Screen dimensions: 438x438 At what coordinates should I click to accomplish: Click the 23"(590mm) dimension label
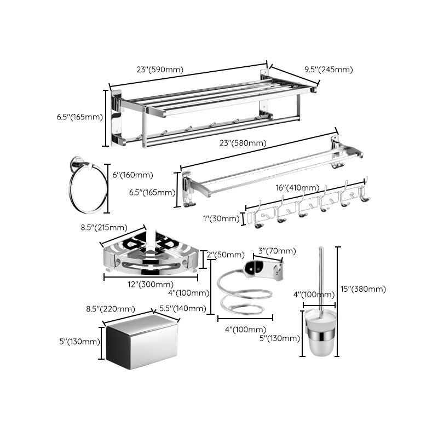(159, 70)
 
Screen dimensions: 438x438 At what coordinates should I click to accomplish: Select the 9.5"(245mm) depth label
(328, 70)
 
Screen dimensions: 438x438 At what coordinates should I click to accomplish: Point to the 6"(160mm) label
(132, 175)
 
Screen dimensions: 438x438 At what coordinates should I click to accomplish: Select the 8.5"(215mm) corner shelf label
(104, 227)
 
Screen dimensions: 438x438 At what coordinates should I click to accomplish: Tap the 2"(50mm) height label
(225, 255)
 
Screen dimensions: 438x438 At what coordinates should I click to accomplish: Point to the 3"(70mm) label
(277, 251)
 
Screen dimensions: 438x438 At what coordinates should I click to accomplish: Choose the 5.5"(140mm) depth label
(182, 308)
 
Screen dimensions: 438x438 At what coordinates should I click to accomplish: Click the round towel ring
(87, 189)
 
